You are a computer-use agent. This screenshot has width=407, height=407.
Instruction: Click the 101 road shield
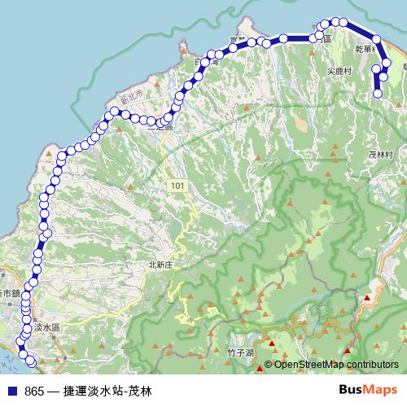[x=178, y=186]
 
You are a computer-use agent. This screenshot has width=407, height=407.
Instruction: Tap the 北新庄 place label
[x=162, y=265]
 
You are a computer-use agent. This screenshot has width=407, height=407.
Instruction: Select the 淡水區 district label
[x=48, y=326]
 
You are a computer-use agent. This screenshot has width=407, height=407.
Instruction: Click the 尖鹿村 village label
[x=338, y=71]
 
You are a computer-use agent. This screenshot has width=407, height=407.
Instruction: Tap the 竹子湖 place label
[x=242, y=352]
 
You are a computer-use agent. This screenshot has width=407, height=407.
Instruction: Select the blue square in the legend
[x=11, y=390]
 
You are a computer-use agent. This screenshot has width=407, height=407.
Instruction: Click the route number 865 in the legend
[x=34, y=390]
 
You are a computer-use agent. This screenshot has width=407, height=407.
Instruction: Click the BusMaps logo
[x=368, y=389]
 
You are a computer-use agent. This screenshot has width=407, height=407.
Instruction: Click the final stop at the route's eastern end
[x=378, y=94]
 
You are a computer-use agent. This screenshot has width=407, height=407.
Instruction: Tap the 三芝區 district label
[x=161, y=126]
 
